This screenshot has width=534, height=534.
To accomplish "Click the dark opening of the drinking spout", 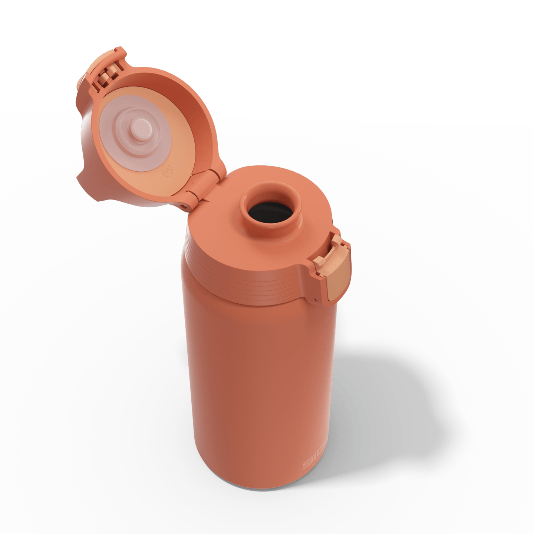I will pos(270,213).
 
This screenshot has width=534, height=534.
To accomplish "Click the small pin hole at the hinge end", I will pos(182,204).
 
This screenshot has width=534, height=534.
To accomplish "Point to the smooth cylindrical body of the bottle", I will pos(260,371).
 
